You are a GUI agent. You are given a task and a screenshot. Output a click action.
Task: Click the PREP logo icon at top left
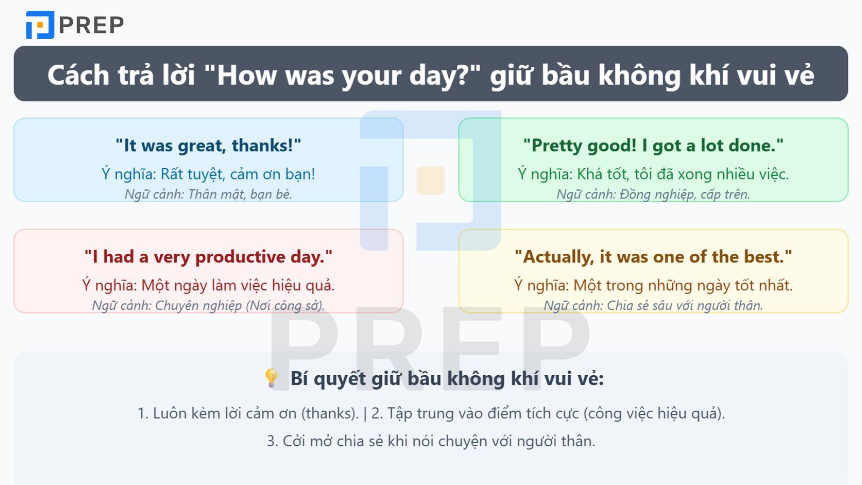(x=40, y=25)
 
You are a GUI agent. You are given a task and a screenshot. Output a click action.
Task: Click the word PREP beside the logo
(x=91, y=25)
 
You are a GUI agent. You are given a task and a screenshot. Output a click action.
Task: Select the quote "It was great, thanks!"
(x=208, y=145)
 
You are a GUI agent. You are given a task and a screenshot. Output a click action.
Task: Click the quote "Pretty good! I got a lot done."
(x=653, y=145)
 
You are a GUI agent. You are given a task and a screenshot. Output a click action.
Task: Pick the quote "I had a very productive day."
(x=208, y=257)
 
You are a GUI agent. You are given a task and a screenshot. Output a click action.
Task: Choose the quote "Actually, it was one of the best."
(x=653, y=257)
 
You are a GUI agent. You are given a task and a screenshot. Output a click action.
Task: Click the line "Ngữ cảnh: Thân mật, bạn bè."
(x=208, y=194)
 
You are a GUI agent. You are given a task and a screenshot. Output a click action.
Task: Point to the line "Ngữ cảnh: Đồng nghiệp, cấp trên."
(x=653, y=194)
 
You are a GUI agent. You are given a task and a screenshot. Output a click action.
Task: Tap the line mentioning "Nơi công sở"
(x=208, y=306)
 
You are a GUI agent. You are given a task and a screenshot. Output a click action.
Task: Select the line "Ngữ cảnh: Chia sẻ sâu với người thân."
(x=653, y=306)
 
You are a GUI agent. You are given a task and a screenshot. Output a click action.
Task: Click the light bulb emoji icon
(x=271, y=378)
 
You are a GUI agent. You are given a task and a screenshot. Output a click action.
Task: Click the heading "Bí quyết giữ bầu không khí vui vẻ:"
(x=447, y=378)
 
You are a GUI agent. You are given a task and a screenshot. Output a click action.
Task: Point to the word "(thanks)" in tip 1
(x=330, y=413)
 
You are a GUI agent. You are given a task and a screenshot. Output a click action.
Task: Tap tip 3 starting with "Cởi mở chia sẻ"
(x=431, y=441)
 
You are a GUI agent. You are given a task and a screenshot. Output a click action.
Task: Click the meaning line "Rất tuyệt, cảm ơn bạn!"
(x=208, y=174)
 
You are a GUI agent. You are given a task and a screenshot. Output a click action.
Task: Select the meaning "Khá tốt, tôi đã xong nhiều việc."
(x=653, y=174)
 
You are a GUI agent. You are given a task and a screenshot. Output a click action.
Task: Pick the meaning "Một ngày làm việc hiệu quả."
(x=208, y=285)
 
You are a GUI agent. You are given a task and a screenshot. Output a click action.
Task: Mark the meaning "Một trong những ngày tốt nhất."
(x=653, y=285)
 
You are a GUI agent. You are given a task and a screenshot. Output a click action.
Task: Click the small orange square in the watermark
(x=430, y=181)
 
